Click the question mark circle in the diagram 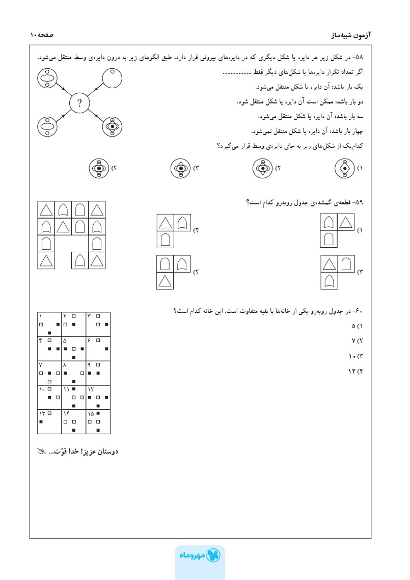click(x=79, y=104)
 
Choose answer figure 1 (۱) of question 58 click(x=345, y=168)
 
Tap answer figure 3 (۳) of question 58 click(x=180, y=168)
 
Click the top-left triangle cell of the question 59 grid click(x=46, y=209)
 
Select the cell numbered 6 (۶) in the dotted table click(x=97, y=349)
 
